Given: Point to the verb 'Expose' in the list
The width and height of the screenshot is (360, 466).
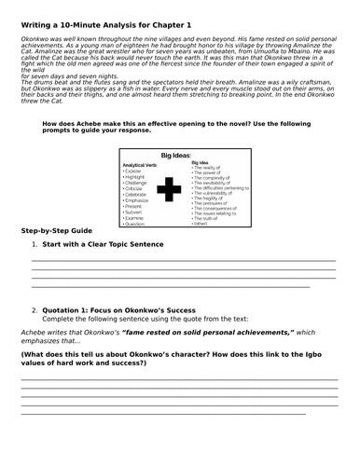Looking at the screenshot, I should click(135, 172).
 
